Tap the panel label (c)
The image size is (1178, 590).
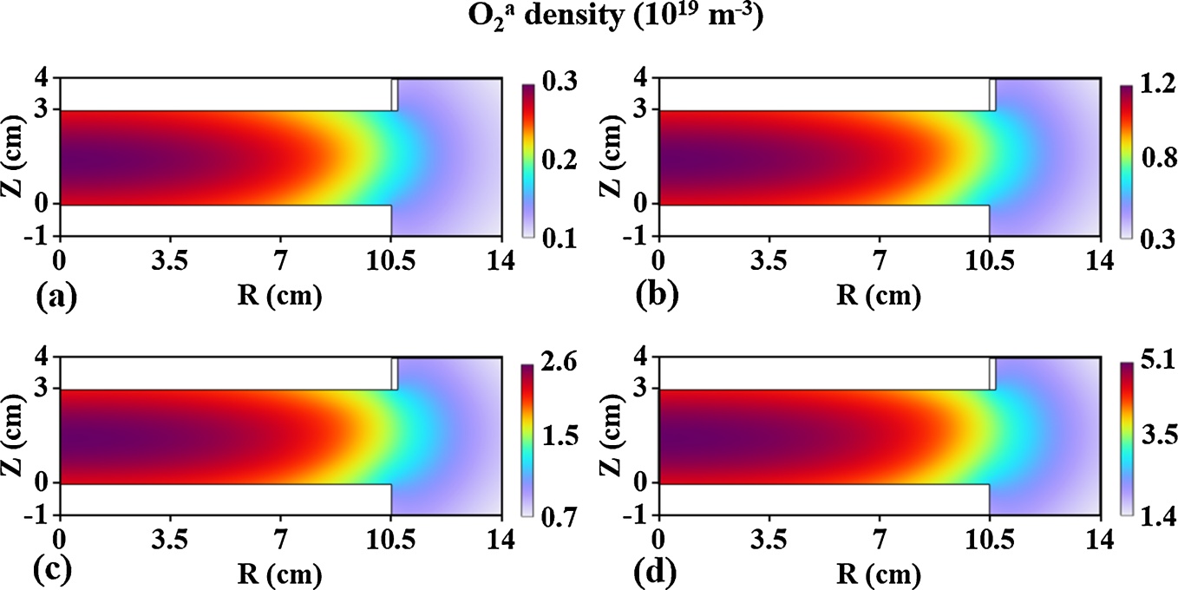(x=56, y=574)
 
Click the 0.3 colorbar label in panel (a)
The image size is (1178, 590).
(x=553, y=83)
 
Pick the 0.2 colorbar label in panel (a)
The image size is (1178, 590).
(x=553, y=161)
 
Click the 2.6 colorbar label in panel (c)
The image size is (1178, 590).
(x=553, y=362)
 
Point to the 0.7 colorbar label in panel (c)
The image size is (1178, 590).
(x=553, y=518)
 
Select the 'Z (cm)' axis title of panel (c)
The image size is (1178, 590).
(x=16, y=436)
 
